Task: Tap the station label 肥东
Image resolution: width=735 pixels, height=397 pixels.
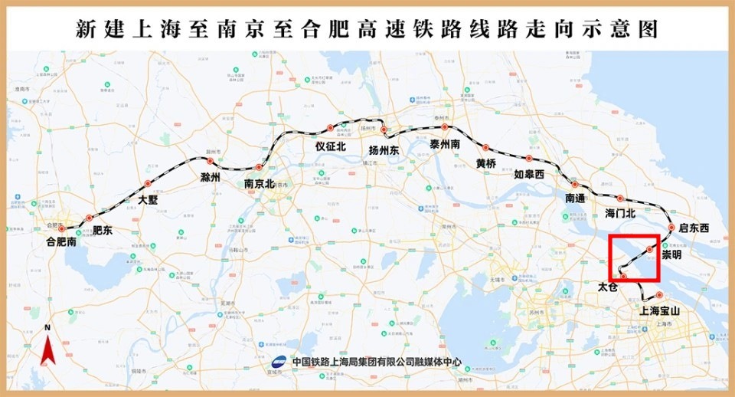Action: point(103,230)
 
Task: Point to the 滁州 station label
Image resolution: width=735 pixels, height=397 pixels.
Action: point(210,177)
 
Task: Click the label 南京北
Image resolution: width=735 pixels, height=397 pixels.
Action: point(260,184)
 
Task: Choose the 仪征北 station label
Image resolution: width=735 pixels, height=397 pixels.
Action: point(331,146)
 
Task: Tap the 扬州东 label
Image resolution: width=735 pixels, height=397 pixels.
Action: point(384,149)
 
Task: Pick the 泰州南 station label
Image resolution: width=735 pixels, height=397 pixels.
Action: point(444,144)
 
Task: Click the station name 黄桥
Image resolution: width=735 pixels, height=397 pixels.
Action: point(486,164)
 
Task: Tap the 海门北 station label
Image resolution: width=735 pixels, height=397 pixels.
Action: point(621,212)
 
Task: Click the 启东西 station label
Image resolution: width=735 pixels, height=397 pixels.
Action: point(694,228)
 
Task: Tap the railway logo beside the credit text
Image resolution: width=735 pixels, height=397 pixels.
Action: point(281,363)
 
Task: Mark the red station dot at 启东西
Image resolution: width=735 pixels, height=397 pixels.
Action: point(671,227)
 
